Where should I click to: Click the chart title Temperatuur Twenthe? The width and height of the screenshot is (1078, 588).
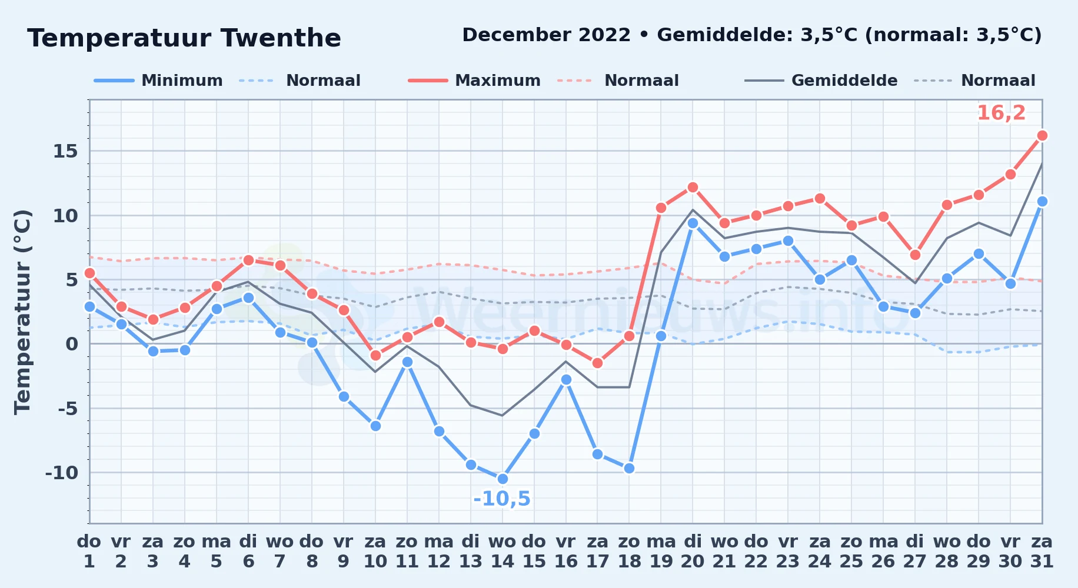tap(184, 38)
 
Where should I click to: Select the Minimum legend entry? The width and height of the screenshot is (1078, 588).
tap(158, 81)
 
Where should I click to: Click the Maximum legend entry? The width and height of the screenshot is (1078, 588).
tap(474, 81)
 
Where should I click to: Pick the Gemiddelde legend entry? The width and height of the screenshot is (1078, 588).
tap(821, 81)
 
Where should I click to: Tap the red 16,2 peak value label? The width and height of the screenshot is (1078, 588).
tap(1001, 113)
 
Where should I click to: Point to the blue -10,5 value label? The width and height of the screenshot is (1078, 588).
tap(502, 499)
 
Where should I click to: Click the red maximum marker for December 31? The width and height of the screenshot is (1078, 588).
tap(1042, 135)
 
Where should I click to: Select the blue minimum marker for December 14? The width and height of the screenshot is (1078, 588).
tap(503, 479)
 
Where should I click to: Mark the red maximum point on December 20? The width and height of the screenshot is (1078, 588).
tap(693, 187)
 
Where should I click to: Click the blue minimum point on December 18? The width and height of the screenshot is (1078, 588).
tap(629, 468)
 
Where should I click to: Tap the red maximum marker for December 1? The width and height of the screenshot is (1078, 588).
tap(89, 273)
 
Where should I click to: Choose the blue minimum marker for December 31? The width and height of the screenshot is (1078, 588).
tap(1042, 201)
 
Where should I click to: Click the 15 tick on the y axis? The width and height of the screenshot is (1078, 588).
tap(65, 152)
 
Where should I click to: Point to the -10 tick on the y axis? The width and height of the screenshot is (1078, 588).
tap(61, 473)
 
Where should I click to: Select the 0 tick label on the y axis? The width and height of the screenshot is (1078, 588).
tap(72, 344)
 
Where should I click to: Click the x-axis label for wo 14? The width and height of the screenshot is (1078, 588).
tap(503, 552)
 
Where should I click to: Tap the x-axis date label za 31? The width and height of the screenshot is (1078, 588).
tap(1042, 552)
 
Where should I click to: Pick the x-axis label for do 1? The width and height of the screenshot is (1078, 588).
tap(89, 552)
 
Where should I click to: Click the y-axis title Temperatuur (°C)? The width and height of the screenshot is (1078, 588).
tap(22, 312)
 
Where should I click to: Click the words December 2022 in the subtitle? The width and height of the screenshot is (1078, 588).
tap(546, 35)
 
